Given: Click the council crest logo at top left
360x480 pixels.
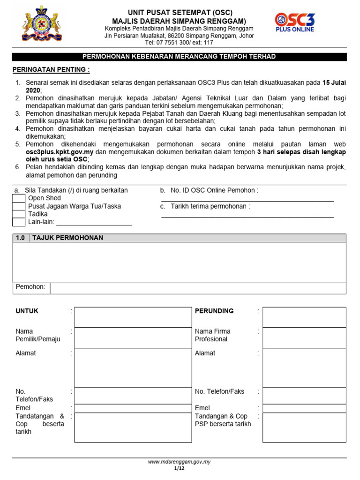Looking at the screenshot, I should click(41, 24).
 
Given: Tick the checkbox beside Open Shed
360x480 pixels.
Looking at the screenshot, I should click(19, 198).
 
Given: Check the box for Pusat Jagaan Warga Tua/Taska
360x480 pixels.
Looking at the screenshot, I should click(19, 206).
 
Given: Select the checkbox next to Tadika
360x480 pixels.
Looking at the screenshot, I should click(19, 214).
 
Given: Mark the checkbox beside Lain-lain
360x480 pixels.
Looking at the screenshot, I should click(19, 222).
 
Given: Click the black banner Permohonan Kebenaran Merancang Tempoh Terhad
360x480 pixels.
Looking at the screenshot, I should click(179, 57).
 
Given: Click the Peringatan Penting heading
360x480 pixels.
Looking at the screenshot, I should click(51, 70).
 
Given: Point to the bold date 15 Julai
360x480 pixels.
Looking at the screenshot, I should click(334, 82).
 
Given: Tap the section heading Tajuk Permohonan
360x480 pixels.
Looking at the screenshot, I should click(67, 238).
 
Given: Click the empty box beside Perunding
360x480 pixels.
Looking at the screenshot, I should click(304, 317).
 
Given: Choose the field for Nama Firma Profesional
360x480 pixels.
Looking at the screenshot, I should click(304, 338).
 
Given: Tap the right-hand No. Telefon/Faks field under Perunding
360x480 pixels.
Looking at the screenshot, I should click(304, 395).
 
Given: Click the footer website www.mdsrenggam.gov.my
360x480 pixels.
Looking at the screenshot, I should click(179, 462).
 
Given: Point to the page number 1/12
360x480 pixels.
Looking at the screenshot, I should click(179, 468).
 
